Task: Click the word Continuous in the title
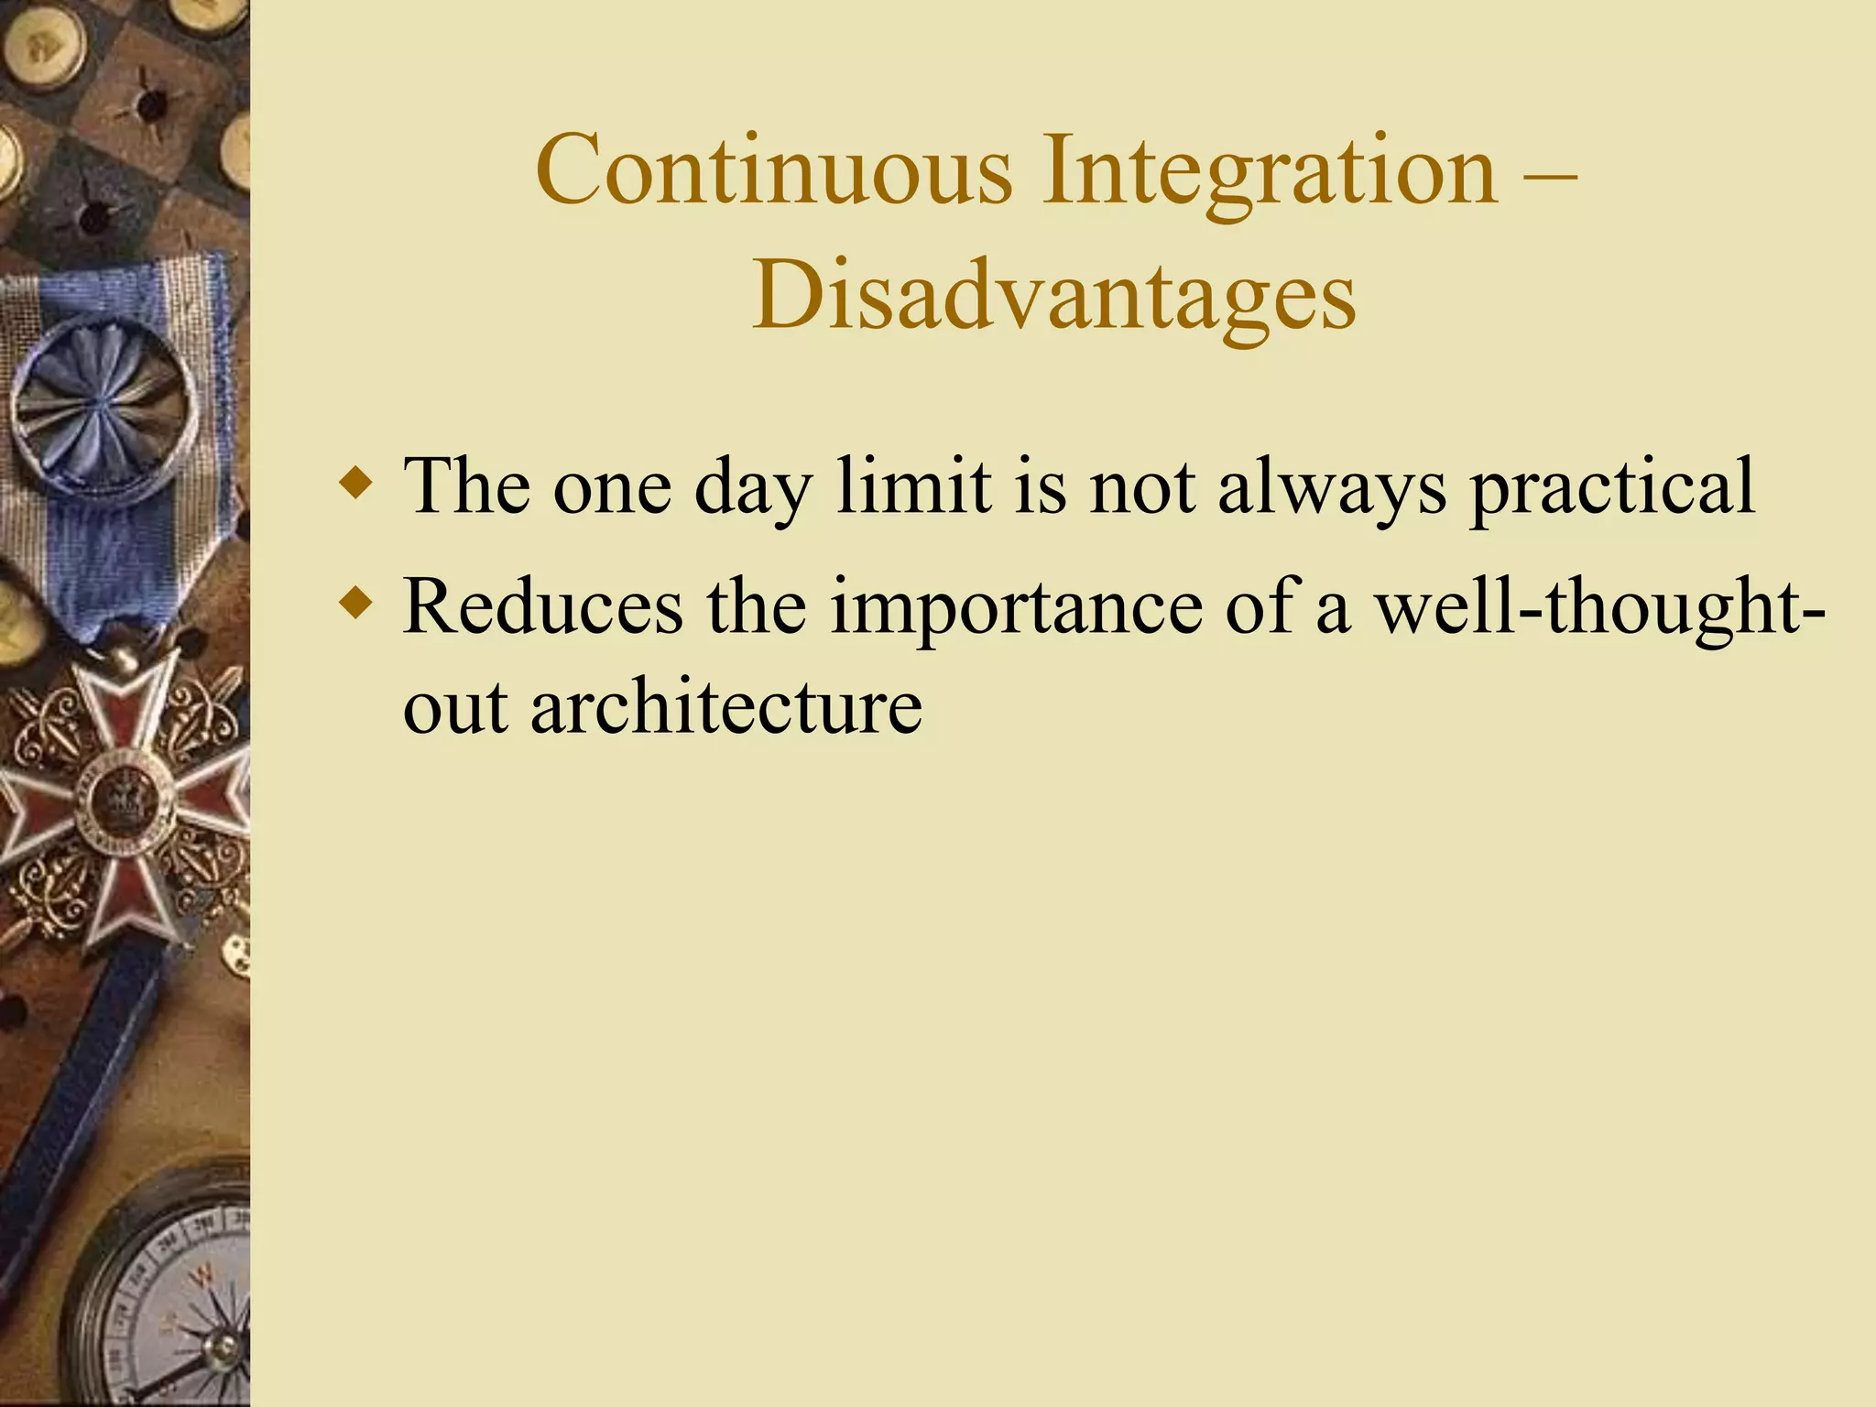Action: pyautogui.click(x=774, y=169)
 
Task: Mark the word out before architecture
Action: pyautogui.click(x=455, y=708)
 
